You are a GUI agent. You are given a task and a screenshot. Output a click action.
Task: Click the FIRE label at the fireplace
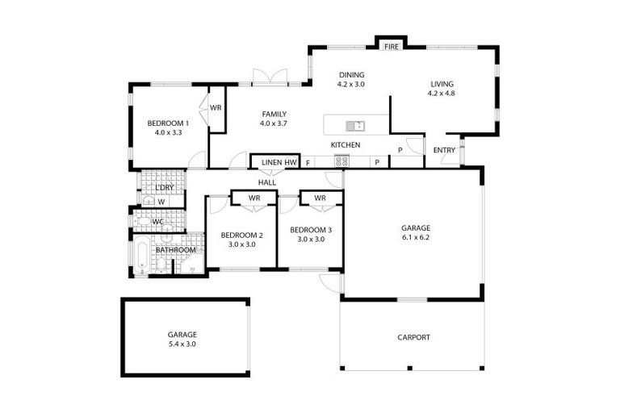[392, 47]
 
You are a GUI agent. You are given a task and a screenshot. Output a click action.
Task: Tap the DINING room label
[351, 75]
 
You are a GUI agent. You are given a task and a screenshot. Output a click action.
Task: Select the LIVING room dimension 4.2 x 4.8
[442, 93]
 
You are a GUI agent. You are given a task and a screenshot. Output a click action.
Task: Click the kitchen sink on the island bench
[354, 126]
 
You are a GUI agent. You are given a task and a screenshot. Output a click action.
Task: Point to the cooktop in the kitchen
[341, 161]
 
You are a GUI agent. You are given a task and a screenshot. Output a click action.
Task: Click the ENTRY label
[444, 150]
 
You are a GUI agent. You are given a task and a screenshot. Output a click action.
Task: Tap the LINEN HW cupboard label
[279, 163]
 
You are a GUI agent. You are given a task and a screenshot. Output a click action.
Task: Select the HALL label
[267, 182]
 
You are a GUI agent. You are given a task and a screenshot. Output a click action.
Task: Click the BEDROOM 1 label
[168, 123]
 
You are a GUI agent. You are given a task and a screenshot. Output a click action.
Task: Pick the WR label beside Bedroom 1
[216, 108]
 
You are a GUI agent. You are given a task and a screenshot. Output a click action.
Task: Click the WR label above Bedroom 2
[253, 198]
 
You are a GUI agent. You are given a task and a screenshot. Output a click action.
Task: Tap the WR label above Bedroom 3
[320, 198]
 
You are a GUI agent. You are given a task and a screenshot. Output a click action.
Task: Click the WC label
[158, 221]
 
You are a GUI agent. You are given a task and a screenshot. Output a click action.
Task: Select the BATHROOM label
[175, 250]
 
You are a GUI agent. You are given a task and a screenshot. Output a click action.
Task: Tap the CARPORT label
[413, 337]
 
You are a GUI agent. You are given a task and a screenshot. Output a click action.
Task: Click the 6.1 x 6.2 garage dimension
[415, 238]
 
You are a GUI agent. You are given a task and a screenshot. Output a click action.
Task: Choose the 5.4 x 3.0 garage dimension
[182, 344]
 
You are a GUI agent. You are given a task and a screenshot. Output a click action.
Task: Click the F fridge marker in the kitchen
[307, 163]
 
